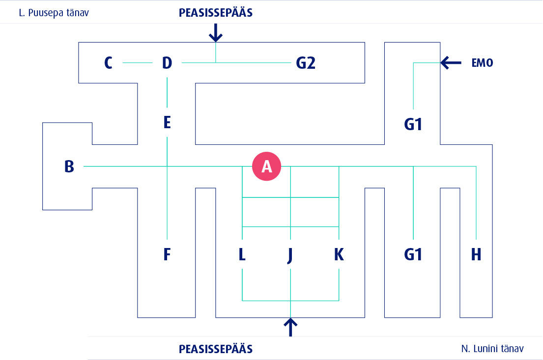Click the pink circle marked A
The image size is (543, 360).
pos(266,166)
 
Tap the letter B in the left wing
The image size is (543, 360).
pos(69,166)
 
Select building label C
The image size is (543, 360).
pos(109,63)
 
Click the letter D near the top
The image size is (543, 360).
pos(167,63)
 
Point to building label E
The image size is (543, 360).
pos(167,122)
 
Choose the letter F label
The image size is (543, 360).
pos(167,254)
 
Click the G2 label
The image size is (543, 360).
pos(305,63)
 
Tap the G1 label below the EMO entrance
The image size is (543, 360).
pos(413,125)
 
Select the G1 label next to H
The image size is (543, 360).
pos(413,254)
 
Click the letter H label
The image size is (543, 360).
pos(476,254)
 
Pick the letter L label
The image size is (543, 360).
pos(242,254)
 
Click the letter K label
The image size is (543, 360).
pos(339,254)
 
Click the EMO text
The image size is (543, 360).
pos(482,63)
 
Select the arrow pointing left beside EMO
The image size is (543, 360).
pos(451,62)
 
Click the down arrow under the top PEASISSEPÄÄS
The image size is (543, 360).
pos(216,33)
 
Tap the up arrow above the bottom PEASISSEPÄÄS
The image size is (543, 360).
pos(291,327)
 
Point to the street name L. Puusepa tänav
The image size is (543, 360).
pos(54,13)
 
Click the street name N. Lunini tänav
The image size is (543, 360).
pos(492,349)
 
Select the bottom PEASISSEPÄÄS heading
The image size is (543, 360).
pos(216,349)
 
